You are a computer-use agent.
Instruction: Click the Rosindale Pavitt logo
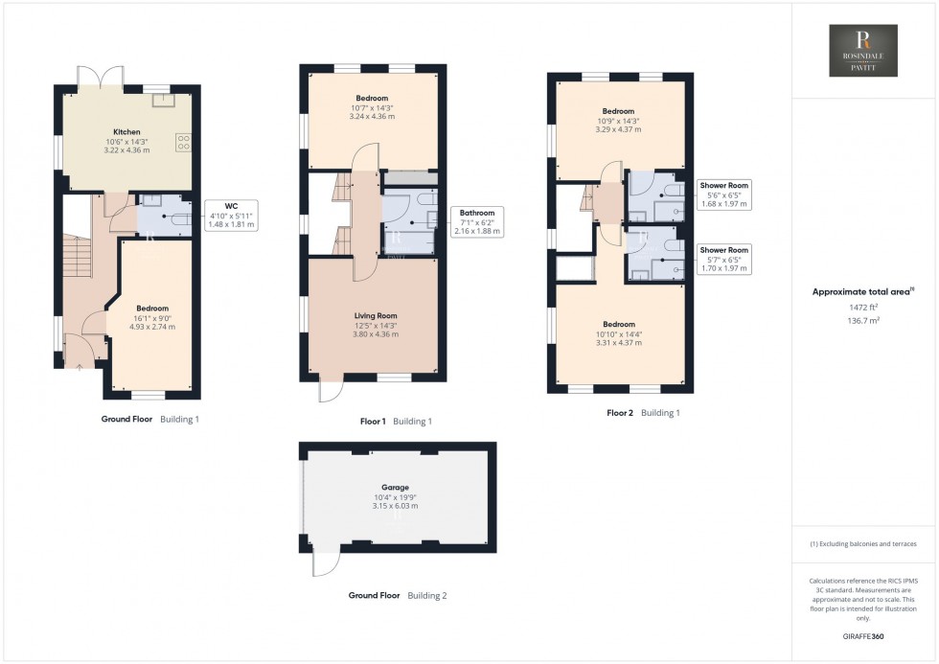coord(863,51)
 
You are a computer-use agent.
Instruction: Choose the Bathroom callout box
coord(476,221)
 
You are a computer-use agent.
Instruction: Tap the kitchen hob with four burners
coord(182,143)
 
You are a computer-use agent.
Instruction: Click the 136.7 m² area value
coord(863,321)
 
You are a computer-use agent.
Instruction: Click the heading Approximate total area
coord(862,291)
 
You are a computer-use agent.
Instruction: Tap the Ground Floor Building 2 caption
coord(397,595)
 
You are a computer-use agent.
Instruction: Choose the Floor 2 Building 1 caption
coord(643,413)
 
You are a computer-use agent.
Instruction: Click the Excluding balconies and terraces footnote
coord(863,543)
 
